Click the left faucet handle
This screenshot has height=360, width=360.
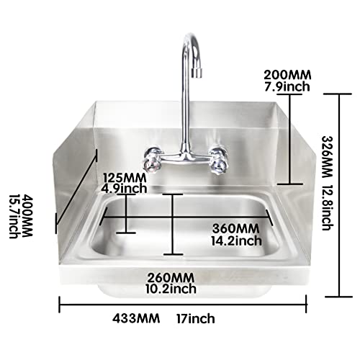click(153, 158)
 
